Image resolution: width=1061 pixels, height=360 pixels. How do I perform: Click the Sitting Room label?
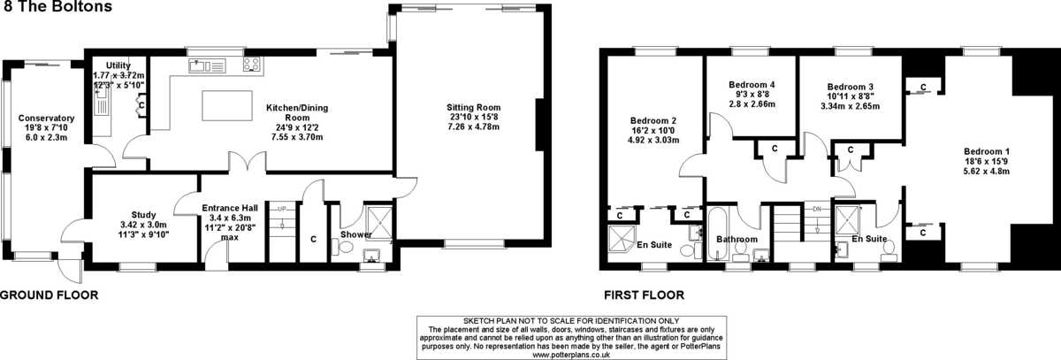(473, 108)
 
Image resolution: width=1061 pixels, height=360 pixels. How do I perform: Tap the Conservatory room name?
(46, 118)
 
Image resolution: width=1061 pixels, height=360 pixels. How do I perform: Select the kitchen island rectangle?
(227, 105)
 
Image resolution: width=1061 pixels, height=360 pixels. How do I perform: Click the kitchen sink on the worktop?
(207, 65)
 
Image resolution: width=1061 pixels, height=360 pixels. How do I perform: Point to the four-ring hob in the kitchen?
(251, 65)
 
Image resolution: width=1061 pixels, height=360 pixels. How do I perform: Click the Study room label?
(143, 215)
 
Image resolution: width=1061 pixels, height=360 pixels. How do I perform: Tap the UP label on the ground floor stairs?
(282, 209)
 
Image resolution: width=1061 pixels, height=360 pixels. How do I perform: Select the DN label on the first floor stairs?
(817, 209)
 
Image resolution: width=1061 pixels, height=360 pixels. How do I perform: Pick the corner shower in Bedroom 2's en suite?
(621, 239)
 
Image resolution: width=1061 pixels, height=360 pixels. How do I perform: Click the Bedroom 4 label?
(752, 85)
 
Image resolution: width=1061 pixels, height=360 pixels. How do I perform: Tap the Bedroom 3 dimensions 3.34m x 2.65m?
(851, 106)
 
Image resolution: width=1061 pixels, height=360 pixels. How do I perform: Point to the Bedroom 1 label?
(987, 151)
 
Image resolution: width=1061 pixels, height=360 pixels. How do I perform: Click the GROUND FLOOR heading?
(50, 295)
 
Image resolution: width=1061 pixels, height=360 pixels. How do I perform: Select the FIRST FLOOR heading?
(644, 295)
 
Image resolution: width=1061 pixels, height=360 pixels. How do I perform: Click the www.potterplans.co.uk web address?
(571, 355)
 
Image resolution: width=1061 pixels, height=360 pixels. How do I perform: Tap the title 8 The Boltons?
(57, 6)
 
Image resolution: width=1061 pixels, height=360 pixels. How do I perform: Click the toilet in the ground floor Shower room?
(342, 248)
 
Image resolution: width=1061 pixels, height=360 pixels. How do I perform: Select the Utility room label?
(118, 65)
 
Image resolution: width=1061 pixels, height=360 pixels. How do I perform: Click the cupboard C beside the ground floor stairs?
(313, 240)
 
